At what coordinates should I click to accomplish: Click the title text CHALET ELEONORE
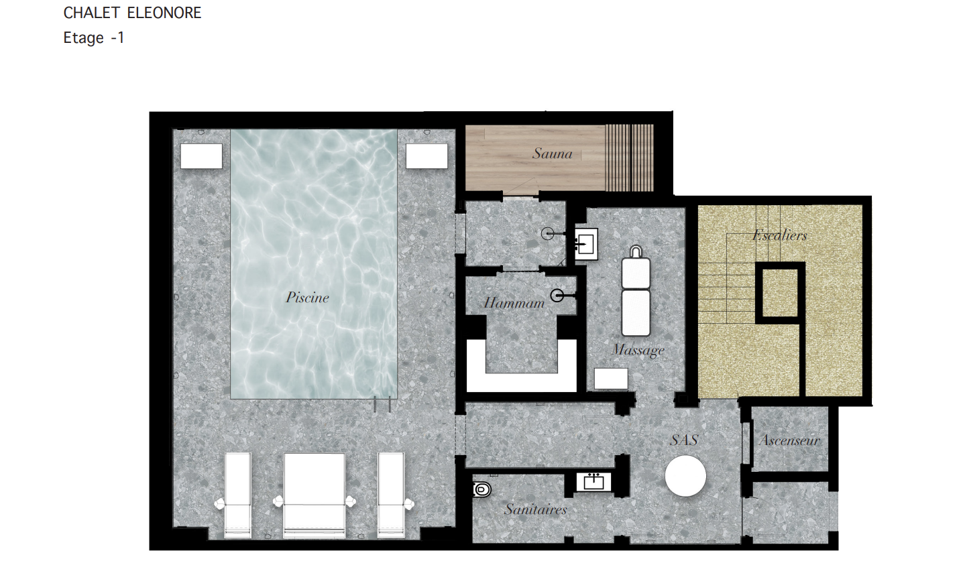tap(132, 13)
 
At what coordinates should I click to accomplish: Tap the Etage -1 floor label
tap(94, 38)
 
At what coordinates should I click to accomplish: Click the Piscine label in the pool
tap(307, 297)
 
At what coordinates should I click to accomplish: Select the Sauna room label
tap(553, 153)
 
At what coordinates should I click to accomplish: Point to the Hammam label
tap(514, 304)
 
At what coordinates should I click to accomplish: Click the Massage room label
tap(638, 350)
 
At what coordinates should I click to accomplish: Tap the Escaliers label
tap(779, 235)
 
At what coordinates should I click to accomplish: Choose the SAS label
tap(684, 440)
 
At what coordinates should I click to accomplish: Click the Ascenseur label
tap(789, 440)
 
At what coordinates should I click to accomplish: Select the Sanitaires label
tap(535, 509)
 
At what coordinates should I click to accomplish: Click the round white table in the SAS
tap(685, 476)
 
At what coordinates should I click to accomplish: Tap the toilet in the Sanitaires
tap(482, 489)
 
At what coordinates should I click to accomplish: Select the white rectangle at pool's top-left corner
tap(201, 156)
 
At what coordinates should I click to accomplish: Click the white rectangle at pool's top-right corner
tap(427, 156)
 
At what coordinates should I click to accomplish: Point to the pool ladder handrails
tap(382, 405)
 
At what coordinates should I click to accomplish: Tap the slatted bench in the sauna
tap(628, 158)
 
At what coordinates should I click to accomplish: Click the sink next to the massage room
tap(587, 244)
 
